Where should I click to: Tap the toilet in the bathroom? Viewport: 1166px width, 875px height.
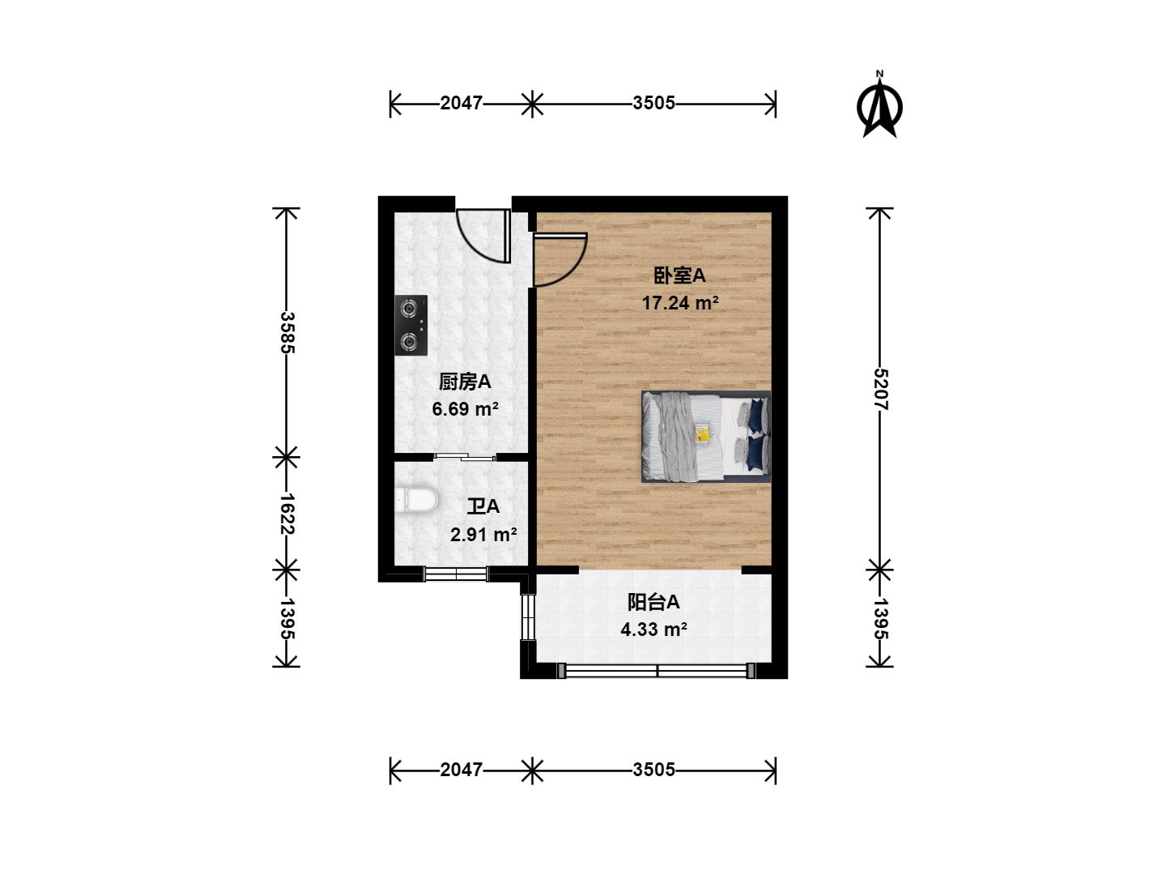pyautogui.click(x=416, y=500)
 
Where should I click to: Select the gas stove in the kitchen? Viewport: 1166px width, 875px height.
pyautogui.click(x=411, y=325)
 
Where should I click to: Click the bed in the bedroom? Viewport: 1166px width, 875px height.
pyautogui.click(x=706, y=437)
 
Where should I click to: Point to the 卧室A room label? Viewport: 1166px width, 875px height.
pyautogui.click(x=679, y=275)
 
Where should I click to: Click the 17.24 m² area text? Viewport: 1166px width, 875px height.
pyautogui.click(x=680, y=303)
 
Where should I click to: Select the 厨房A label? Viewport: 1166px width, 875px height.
pyautogui.click(x=465, y=382)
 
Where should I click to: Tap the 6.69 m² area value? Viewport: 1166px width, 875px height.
pyautogui.click(x=465, y=409)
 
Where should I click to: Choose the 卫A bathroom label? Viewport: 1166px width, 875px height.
pyautogui.click(x=483, y=506)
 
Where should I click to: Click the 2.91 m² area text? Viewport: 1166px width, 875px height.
pyautogui.click(x=483, y=535)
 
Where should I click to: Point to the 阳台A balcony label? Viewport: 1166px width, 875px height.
pyautogui.click(x=653, y=602)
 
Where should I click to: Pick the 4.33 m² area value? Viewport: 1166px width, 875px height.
pyautogui.click(x=654, y=630)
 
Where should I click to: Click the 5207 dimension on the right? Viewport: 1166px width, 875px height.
pyautogui.click(x=879, y=389)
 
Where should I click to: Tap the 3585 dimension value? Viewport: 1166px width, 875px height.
pyautogui.click(x=287, y=332)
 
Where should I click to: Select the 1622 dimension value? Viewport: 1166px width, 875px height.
pyautogui.click(x=287, y=514)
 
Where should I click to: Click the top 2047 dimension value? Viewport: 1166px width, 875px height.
pyautogui.click(x=461, y=103)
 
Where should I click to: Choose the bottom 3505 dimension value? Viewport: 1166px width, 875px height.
pyautogui.click(x=653, y=770)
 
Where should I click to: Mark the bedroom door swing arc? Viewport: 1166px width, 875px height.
pyautogui.click(x=560, y=259)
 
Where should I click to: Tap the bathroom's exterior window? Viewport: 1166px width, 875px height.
pyautogui.click(x=456, y=574)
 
